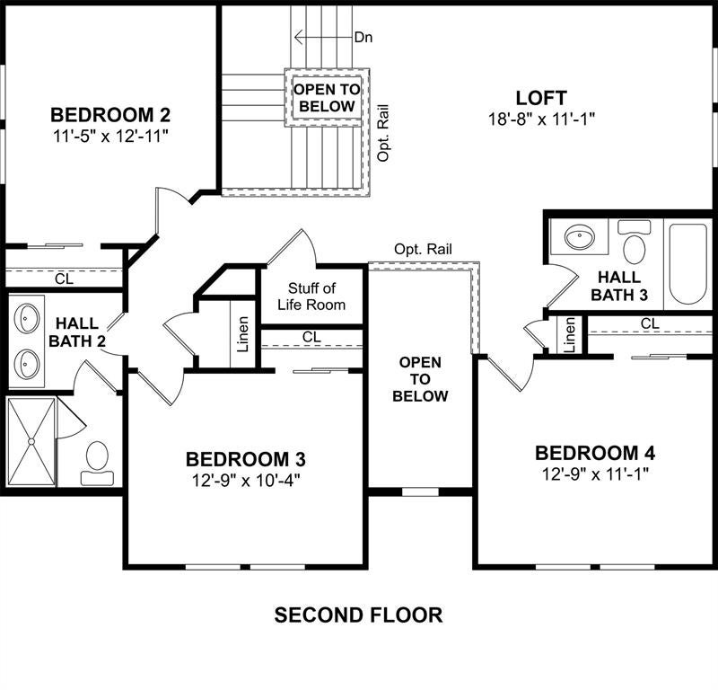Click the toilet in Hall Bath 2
[x=97, y=463]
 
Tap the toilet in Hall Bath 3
[x=635, y=242]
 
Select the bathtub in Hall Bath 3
[x=687, y=263]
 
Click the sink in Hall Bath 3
[x=580, y=237]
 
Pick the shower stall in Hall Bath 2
[x=31, y=441]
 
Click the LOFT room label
[x=541, y=98]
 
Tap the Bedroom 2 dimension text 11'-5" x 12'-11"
[x=108, y=137]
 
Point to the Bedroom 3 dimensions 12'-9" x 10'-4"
[x=246, y=481]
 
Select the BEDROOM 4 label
[x=595, y=453]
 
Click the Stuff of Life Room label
[x=311, y=296]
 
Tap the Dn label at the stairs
[x=363, y=37]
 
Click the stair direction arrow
[x=323, y=37]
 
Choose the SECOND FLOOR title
[x=358, y=615]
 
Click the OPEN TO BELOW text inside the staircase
[x=327, y=98]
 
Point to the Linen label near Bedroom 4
[x=569, y=335]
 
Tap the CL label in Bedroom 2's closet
[x=64, y=279]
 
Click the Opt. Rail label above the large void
[x=423, y=249]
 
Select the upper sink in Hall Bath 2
[x=27, y=318]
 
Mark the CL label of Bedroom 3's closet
[x=311, y=337]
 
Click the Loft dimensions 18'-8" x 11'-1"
[x=541, y=119]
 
